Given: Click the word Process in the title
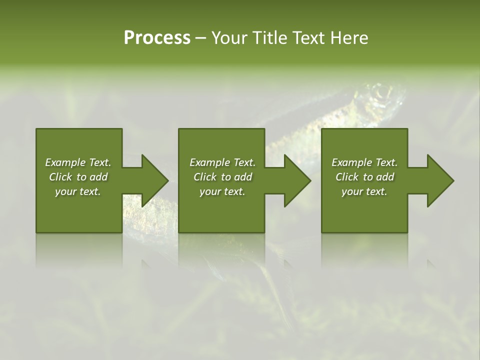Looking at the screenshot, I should pyautogui.click(x=157, y=38).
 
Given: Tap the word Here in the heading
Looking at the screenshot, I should pyautogui.click(x=349, y=38).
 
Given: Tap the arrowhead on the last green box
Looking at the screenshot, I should pyautogui.click(x=439, y=180).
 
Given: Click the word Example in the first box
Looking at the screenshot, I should pyautogui.click(x=65, y=162).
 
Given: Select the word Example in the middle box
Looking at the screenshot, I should pyautogui.click(x=209, y=162).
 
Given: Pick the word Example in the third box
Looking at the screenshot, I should pyautogui.click(x=351, y=162).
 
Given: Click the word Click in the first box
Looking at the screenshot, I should pyautogui.click(x=60, y=177).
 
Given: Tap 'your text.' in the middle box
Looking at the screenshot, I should pyautogui.click(x=222, y=191).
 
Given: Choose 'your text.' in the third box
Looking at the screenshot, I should pyautogui.click(x=364, y=191).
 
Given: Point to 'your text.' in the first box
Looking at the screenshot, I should pyautogui.click(x=78, y=191).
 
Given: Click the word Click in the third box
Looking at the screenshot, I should pyautogui.click(x=347, y=177).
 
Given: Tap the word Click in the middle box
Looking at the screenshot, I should pyautogui.click(x=205, y=177).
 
